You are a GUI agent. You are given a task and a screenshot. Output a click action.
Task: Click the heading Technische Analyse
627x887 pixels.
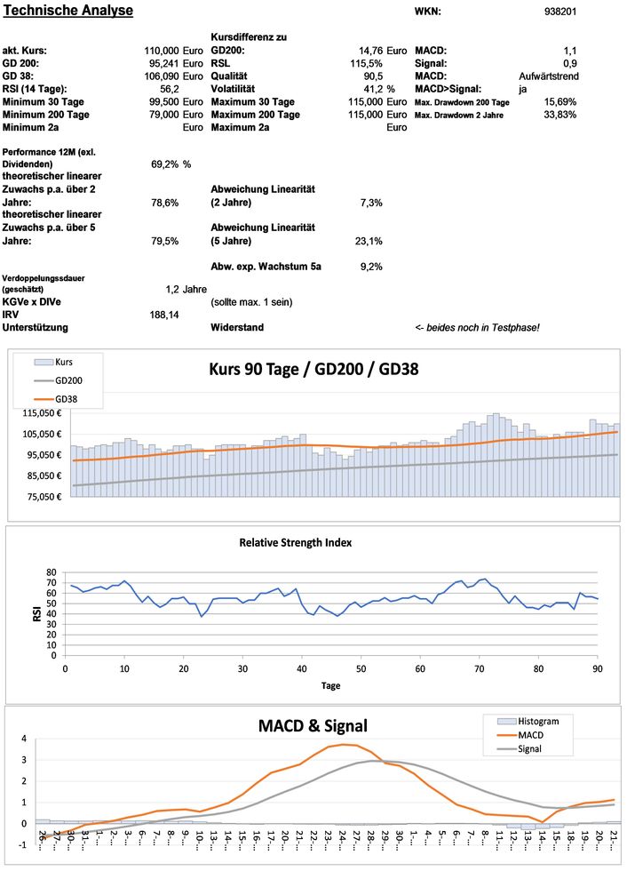click(x=68, y=11)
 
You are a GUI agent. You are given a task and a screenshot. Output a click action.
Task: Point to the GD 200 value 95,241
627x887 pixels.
click(x=163, y=64)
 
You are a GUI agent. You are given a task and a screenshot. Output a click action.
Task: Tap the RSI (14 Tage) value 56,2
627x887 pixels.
click(x=169, y=90)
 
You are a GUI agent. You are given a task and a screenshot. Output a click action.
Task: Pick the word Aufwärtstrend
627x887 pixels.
click(x=548, y=77)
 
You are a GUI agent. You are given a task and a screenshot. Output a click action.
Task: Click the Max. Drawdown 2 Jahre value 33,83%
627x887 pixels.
click(x=560, y=116)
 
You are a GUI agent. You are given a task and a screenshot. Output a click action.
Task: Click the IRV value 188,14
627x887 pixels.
click(x=164, y=315)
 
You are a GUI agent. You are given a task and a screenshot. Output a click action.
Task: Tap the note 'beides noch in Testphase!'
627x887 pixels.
click(x=477, y=328)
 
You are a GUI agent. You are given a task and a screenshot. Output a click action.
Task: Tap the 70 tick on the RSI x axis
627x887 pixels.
click(x=480, y=668)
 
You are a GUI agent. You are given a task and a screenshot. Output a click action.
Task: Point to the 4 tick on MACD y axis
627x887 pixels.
click(x=24, y=739)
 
